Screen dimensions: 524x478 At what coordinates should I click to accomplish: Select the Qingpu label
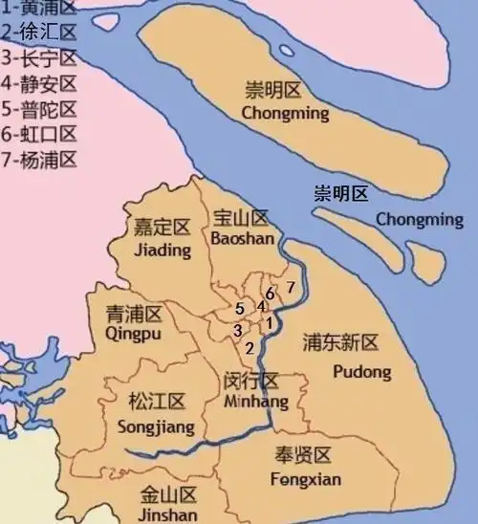pyautogui.click(x=132, y=334)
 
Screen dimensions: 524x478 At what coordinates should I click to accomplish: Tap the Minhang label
pyautogui.click(x=249, y=403)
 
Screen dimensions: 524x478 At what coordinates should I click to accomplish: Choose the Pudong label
pyautogui.click(x=363, y=370)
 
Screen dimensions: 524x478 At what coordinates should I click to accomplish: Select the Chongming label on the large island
pyautogui.click(x=286, y=114)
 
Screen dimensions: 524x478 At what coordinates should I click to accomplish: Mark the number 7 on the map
pyautogui.click(x=290, y=287)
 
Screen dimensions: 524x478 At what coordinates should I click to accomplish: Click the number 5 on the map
pyautogui.click(x=239, y=309)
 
